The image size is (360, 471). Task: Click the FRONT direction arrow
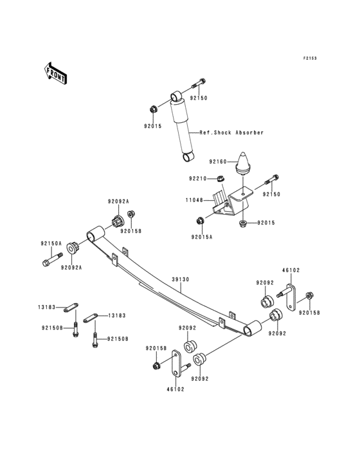pos(56,73)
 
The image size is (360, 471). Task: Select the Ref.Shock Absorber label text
pos(231,133)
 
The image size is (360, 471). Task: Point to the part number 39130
pos(179,281)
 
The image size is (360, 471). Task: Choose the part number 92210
pos(198,178)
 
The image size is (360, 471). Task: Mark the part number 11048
pos(194,200)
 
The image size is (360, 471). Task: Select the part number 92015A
pos(201,236)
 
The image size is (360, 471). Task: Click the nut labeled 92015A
pos(200,222)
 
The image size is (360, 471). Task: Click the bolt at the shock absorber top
pos(199,82)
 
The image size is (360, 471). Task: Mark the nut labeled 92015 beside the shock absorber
pos(152,107)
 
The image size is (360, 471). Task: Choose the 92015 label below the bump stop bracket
pos(266,223)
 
